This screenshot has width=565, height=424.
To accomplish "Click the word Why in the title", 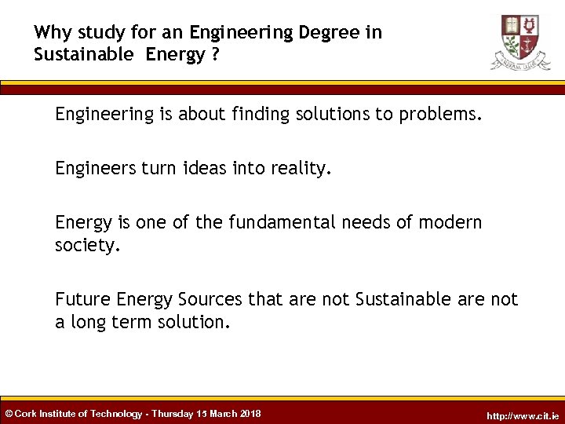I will click(x=52, y=33).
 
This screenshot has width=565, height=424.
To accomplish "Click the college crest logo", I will click(x=520, y=41).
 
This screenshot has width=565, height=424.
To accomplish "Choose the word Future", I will click(x=82, y=299).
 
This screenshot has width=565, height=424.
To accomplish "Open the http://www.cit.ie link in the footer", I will click(x=523, y=415).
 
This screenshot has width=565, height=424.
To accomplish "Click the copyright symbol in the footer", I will click(x=9, y=414).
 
